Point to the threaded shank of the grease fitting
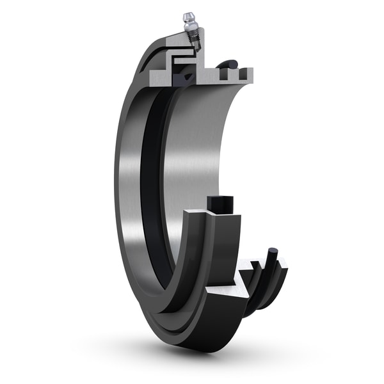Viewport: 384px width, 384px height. [x=195, y=42]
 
